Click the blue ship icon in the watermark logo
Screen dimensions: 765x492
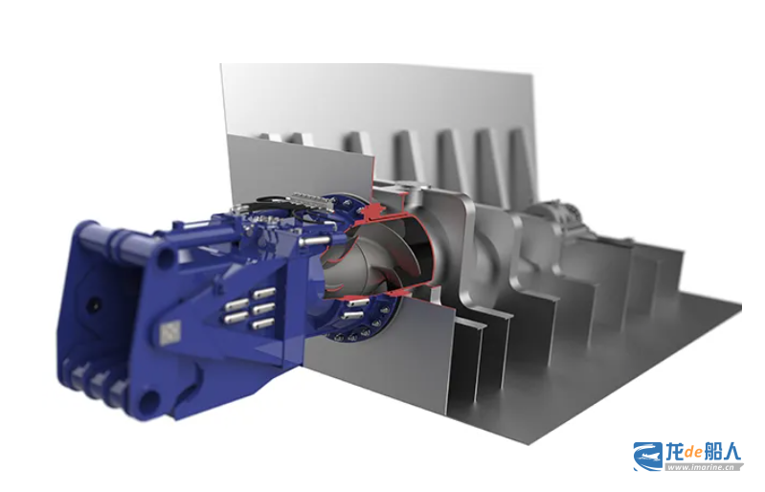(x=649, y=457)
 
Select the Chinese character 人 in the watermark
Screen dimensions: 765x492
(x=731, y=452)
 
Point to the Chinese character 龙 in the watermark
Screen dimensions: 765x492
(x=675, y=452)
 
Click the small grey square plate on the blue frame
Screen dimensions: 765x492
(x=169, y=333)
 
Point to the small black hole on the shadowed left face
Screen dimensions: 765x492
(x=93, y=305)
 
